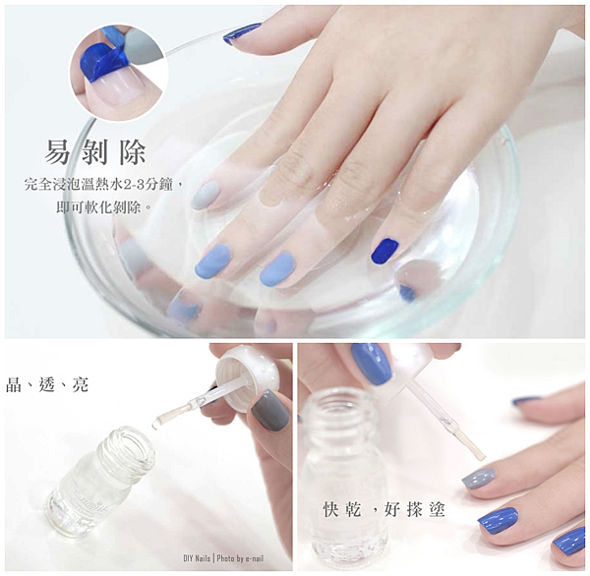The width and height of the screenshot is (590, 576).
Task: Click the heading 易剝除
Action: click(95, 152)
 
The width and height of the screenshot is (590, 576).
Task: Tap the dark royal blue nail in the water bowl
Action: click(384, 251)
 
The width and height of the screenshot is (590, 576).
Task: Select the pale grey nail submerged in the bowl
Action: click(205, 195)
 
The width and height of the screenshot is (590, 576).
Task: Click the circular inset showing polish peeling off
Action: click(119, 72)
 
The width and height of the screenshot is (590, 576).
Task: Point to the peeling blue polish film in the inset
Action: click(102, 60)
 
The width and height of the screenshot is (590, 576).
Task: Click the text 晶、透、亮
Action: click(47, 385)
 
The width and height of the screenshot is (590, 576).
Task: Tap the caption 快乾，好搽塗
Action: click(384, 510)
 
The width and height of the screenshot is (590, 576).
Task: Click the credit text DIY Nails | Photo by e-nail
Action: click(223, 558)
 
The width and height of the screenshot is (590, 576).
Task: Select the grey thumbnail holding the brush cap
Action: click(270, 409)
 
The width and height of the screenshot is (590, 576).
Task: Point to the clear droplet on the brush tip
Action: click(155, 426)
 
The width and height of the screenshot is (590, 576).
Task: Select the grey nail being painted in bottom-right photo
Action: click(479, 479)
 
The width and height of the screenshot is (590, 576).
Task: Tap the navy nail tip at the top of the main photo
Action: click(242, 33)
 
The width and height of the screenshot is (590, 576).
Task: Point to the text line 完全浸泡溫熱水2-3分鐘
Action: click(98, 185)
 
